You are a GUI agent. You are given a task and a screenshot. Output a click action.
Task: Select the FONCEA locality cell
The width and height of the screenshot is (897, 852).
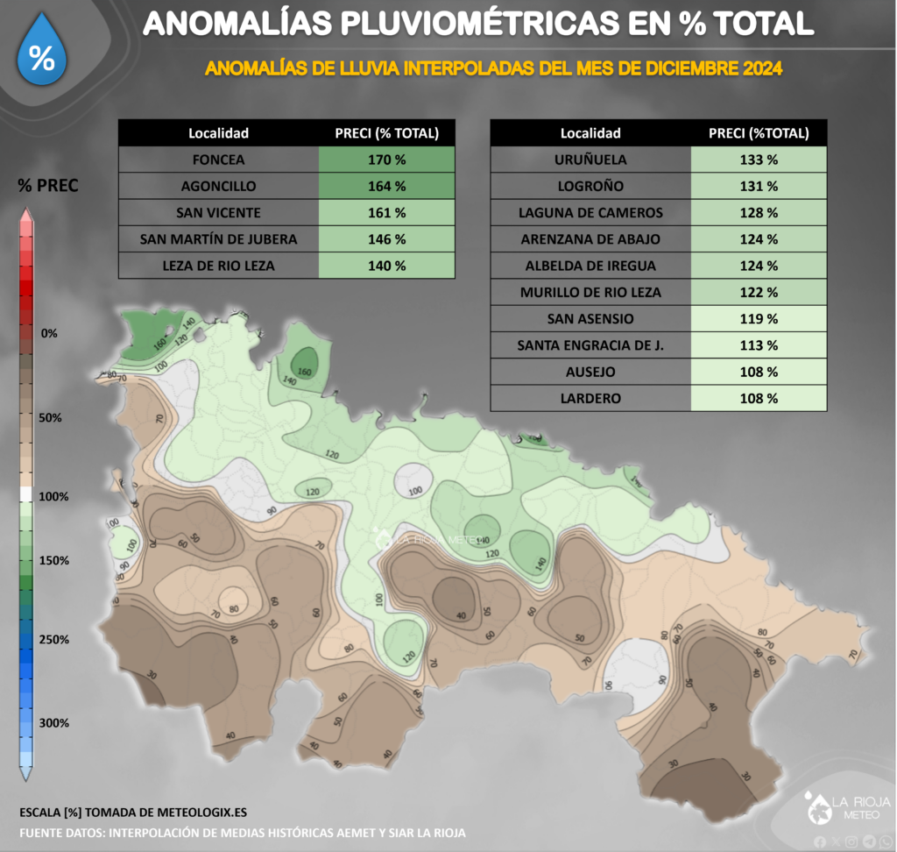click(218, 160)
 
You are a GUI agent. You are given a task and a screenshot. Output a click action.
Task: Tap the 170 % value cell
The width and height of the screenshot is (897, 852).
click(387, 160)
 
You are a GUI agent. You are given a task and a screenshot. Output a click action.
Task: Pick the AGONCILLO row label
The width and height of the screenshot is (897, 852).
click(218, 187)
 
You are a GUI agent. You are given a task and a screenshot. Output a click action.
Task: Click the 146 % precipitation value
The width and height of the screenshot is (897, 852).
click(387, 239)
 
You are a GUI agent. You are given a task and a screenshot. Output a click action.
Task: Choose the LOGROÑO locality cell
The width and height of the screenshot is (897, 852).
click(590, 187)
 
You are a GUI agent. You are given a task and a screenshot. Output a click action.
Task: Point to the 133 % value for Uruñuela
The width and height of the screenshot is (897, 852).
click(759, 160)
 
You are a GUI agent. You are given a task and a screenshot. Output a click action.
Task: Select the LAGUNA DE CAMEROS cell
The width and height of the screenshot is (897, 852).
click(590, 213)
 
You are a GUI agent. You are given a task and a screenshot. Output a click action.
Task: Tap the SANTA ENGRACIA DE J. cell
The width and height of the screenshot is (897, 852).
click(590, 345)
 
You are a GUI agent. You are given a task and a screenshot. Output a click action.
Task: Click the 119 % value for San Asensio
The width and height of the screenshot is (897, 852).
click(759, 319)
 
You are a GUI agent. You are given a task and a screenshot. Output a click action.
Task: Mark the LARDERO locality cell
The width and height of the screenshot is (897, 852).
click(590, 398)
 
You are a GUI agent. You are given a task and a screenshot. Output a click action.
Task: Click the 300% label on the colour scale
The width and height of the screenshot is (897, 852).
click(54, 723)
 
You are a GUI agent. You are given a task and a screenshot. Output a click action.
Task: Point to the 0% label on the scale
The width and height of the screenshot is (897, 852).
click(49, 333)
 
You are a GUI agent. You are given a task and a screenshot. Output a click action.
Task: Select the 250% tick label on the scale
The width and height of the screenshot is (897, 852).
click(54, 640)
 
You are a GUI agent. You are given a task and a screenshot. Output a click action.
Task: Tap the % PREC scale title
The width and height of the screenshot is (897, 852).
click(48, 186)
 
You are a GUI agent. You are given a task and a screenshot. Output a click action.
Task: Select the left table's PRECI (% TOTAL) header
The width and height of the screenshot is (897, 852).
click(387, 133)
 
